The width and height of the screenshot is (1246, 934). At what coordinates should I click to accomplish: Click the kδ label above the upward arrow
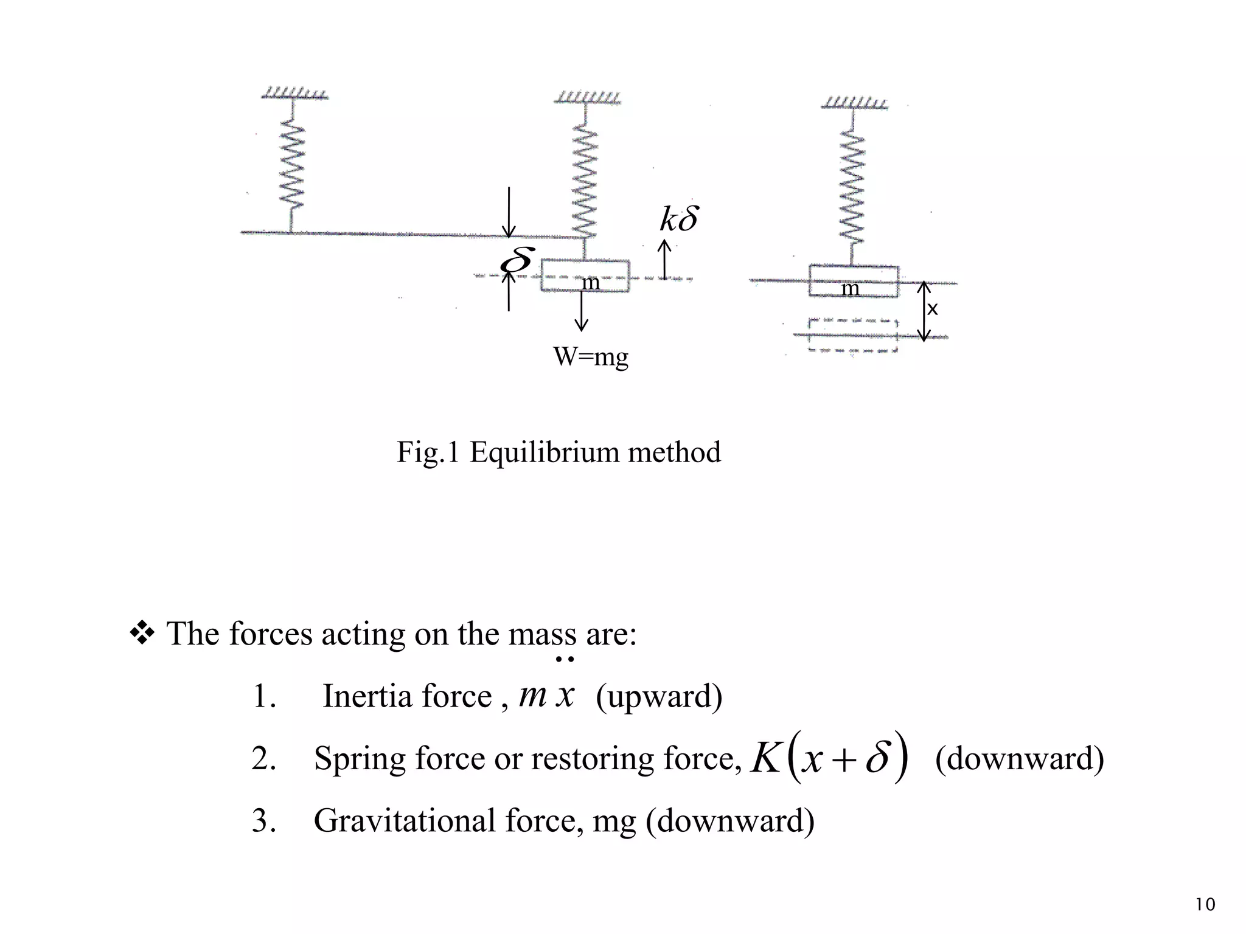(x=679, y=219)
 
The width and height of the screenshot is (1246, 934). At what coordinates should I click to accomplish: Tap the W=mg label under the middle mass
(x=590, y=356)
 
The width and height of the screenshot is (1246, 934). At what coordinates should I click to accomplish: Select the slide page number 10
(x=1205, y=905)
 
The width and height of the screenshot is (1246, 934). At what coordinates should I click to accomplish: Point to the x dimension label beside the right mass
(x=932, y=310)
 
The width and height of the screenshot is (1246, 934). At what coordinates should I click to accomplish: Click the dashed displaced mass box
(x=852, y=336)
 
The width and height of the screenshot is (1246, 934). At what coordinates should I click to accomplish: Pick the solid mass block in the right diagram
(x=853, y=282)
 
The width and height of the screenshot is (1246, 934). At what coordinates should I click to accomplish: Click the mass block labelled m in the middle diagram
(x=585, y=277)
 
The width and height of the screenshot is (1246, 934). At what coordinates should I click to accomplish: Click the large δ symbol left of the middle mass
(x=517, y=260)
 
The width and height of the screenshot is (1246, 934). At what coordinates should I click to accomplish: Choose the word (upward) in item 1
(x=659, y=696)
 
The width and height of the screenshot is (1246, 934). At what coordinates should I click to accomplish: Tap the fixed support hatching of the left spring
(x=294, y=94)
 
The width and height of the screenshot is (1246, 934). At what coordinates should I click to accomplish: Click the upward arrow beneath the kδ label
(x=664, y=260)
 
